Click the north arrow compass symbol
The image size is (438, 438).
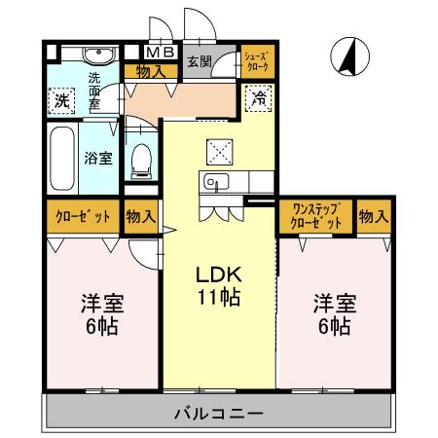pos(348,56)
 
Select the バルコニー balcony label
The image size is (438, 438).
pos(218,414)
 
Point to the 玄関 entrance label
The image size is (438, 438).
pos(198,61)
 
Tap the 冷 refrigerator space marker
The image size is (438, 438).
pos(259,96)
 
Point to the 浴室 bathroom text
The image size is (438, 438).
pos(97,158)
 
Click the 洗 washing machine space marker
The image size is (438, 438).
pos(60,100)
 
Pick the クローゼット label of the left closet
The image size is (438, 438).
pos(82,215)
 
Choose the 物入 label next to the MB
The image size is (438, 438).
pos(149,70)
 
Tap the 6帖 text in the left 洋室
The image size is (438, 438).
pos(100,327)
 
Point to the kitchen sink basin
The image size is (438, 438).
pos(214,180)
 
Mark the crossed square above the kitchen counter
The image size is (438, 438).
pos(218,151)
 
